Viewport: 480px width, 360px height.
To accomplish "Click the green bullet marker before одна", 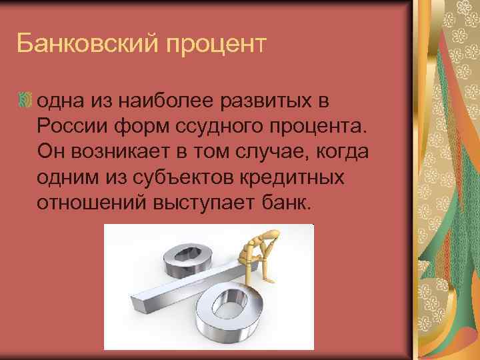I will point(25,101).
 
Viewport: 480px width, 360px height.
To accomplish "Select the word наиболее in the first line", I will point(164,101).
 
